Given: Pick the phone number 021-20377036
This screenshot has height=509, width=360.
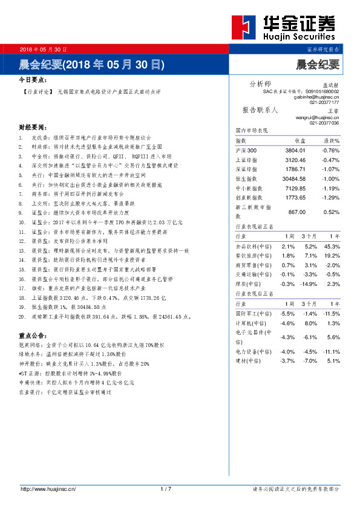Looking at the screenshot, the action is [324, 123].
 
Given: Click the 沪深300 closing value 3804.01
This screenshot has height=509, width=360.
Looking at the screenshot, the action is [294, 151].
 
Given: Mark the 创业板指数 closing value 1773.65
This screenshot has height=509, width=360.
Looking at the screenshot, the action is [294, 198].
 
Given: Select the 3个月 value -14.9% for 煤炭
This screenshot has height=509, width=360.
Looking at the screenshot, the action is [310, 284].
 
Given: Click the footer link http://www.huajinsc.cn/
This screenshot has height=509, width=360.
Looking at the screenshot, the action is [48, 489].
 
